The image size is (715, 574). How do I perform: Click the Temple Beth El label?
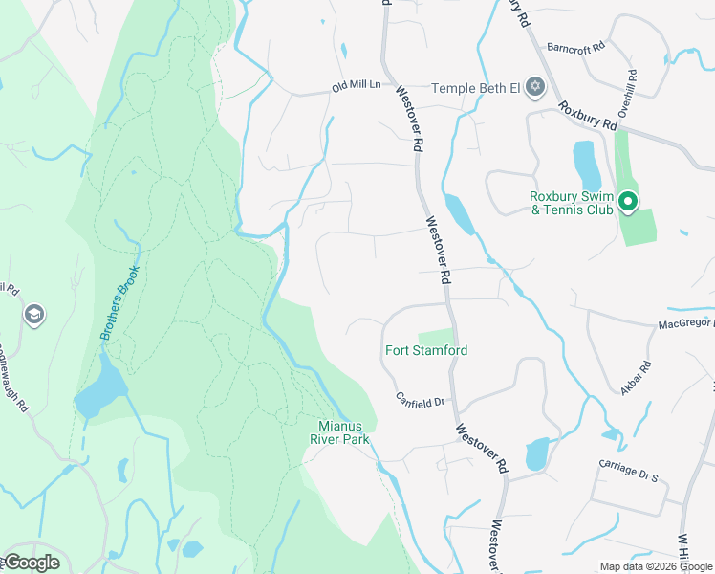(475, 88)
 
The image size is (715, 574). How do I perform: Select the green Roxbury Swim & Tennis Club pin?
(627, 202)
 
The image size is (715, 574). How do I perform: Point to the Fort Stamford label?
(426, 351)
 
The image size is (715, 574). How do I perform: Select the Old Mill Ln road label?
(356, 85)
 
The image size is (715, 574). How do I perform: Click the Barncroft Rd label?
(576, 47)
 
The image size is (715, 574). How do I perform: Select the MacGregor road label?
(685, 324)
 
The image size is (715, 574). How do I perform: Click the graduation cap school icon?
(33, 315)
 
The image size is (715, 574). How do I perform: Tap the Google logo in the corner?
(31, 563)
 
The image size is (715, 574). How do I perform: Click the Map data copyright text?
(655, 566)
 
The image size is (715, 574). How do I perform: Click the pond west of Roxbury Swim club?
(585, 166)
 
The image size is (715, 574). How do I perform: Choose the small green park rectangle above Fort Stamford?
(434, 337)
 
